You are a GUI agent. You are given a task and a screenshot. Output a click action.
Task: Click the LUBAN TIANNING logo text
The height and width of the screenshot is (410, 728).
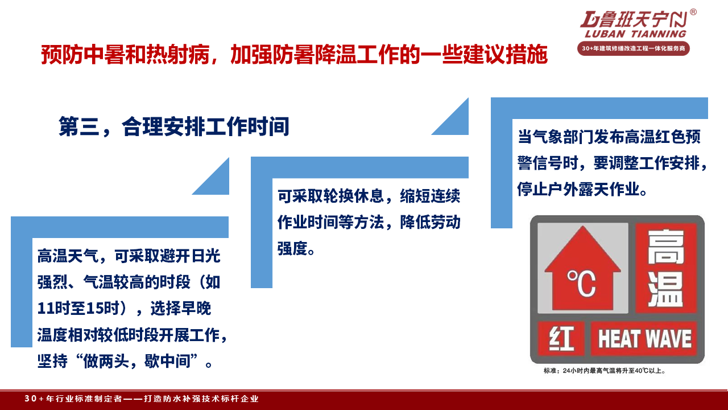(635, 34)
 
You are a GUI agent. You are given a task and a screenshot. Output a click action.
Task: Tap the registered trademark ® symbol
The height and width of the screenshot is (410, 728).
(693, 12)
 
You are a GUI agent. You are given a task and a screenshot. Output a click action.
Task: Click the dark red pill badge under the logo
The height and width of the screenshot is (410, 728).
(634, 48)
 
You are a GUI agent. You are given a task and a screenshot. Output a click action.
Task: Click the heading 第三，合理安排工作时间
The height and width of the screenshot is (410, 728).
(174, 126)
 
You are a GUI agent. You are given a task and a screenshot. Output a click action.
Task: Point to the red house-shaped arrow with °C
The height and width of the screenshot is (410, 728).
(583, 268)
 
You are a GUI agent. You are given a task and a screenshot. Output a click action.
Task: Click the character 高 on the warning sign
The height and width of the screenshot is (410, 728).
(665, 247)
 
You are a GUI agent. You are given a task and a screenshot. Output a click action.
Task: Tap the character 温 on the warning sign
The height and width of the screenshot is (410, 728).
(665, 289)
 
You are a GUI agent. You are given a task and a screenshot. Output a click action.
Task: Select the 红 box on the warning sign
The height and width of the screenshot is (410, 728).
(561, 339)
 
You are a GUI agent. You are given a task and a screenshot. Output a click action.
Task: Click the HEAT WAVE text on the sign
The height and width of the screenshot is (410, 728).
(645, 339)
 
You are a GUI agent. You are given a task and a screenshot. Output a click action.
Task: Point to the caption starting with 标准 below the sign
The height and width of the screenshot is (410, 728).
(605, 371)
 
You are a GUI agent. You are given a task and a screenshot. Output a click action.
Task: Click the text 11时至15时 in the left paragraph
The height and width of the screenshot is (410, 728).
(78, 308)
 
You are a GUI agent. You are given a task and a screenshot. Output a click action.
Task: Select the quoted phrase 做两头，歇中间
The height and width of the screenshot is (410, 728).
(136, 361)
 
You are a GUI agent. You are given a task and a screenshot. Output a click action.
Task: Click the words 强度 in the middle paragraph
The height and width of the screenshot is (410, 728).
(292, 249)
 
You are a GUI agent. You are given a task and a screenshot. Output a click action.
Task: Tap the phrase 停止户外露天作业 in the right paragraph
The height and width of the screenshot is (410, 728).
(578, 189)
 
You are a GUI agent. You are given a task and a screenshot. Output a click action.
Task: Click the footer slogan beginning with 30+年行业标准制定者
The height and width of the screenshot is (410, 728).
(142, 399)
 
